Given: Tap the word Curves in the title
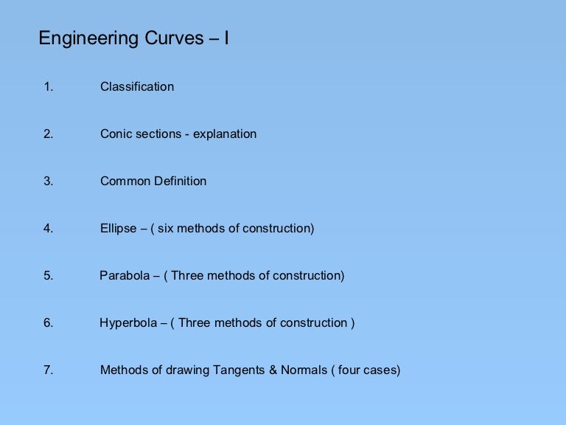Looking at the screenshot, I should [167, 38].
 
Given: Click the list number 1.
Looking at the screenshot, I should [48, 86].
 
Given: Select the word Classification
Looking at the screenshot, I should [137, 86].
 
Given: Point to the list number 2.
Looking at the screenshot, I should [48, 134].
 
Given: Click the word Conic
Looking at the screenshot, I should [116, 134].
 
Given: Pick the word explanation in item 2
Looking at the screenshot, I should [225, 134].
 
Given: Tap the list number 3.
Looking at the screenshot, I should [48, 181].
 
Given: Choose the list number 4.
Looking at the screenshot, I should [48, 228].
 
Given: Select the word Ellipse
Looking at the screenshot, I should [119, 228].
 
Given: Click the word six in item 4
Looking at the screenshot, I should [167, 228].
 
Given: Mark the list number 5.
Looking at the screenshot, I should [48, 275].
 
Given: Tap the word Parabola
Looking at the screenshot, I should [125, 275].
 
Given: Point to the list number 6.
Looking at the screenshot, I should [48, 322].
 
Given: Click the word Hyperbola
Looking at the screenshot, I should [127, 322].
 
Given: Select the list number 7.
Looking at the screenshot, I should [48, 370].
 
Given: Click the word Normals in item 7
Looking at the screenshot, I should [304, 370].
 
